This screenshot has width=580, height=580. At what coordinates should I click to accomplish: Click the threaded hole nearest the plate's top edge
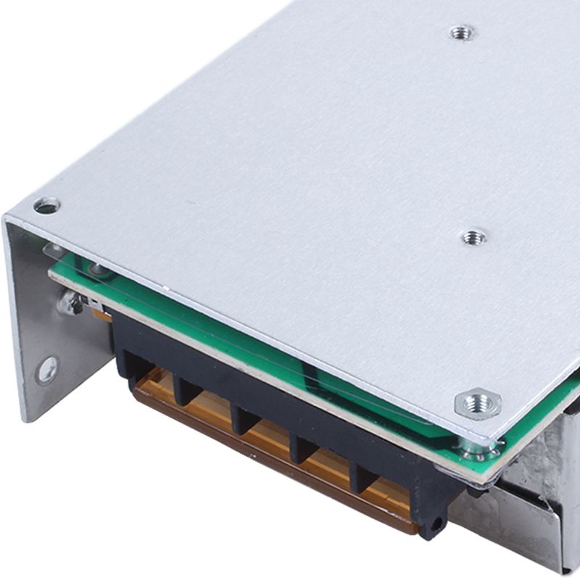pos(462,33)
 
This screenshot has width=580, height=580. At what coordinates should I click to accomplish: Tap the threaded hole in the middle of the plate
pos(473,236)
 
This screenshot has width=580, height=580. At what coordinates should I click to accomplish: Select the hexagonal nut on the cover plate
pos(478,403)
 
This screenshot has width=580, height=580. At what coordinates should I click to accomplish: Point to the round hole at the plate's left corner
pos(46,207)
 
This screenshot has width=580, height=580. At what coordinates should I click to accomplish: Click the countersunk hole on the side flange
pos(47,370)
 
